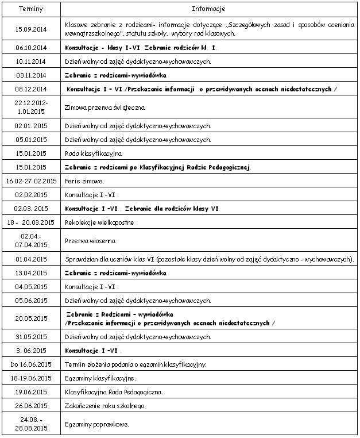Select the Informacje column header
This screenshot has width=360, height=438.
208,9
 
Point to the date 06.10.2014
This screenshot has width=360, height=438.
31,48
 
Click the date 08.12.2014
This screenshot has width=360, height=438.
31,89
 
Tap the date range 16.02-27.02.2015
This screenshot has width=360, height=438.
31,181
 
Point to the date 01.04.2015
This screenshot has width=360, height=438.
31,259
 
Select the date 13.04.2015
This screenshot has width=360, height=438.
31,272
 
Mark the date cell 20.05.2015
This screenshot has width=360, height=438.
31,318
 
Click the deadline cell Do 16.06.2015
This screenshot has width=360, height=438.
31,364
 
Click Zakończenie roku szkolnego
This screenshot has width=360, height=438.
105,406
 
